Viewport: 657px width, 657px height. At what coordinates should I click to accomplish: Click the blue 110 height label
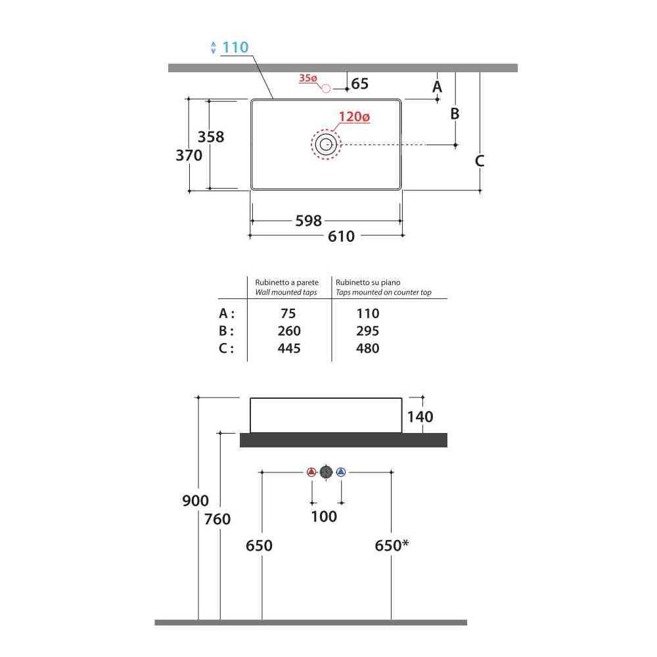(235, 47)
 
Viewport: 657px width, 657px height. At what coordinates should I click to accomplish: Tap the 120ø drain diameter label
(354, 116)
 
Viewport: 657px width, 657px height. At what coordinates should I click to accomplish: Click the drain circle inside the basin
(326, 145)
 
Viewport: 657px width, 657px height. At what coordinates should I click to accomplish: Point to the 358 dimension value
(211, 137)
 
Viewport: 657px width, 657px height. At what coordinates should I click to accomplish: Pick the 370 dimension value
(189, 156)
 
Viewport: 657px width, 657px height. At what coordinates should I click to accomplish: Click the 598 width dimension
(308, 221)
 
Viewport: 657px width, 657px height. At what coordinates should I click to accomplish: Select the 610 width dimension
(341, 237)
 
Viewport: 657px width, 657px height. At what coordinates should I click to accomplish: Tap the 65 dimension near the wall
(360, 83)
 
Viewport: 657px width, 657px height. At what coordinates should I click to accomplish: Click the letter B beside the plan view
(455, 114)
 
